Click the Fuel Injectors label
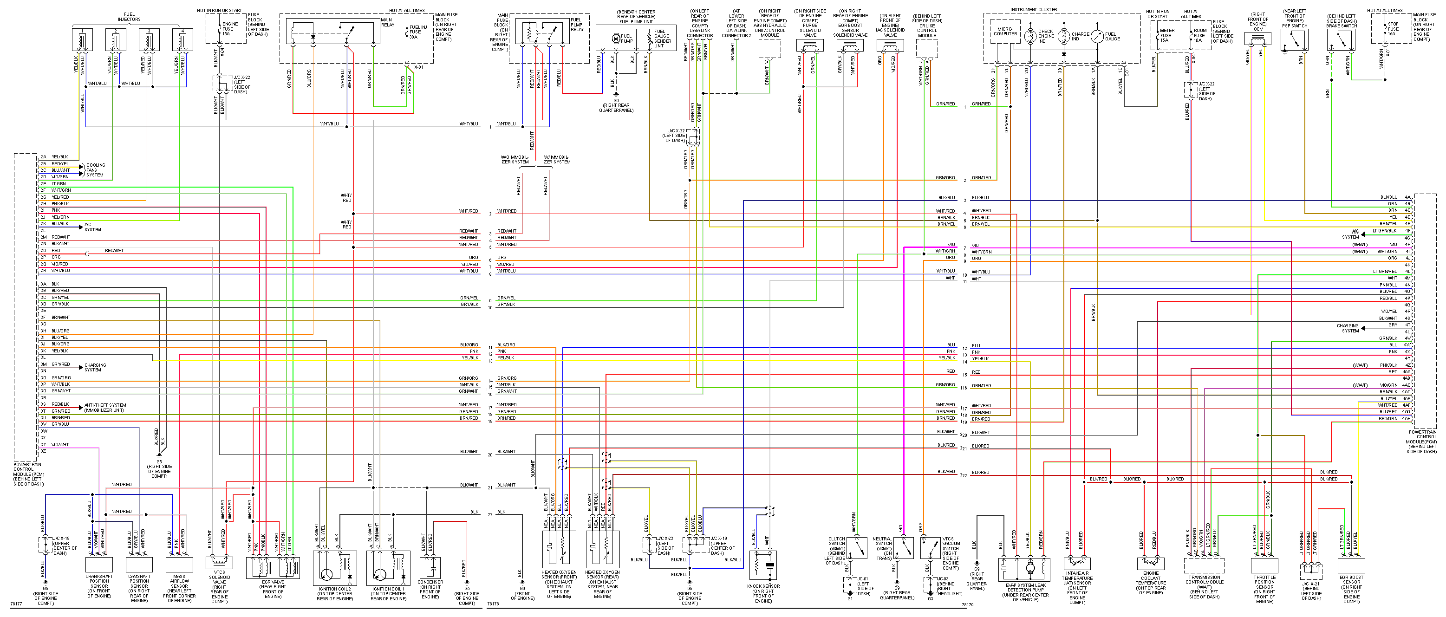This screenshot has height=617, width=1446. [129, 17]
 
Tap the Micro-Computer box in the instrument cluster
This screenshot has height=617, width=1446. [1005, 32]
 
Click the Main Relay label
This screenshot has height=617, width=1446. [387, 22]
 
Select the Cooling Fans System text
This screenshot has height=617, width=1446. [96, 169]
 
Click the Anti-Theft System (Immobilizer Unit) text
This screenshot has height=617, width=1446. [105, 408]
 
